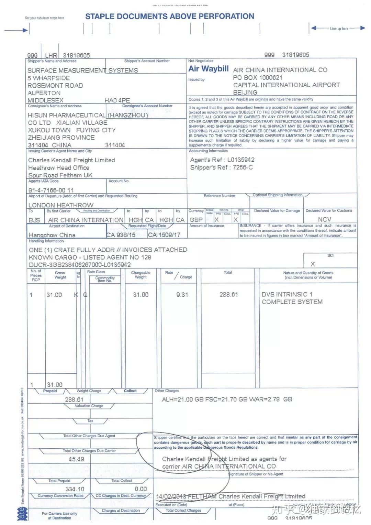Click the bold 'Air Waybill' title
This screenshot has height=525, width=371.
(x=208, y=69)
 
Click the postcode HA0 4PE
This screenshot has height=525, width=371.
(x=117, y=100)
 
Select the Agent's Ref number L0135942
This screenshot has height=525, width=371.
(x=241, y=160)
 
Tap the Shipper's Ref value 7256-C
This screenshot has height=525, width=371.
(x=243, y=167)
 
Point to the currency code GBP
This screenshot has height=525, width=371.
(x=196, y=220)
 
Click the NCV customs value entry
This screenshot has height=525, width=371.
(x=324, y=219)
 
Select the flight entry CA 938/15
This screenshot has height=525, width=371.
(x=121, y=235)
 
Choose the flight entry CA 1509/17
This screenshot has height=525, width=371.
(x=164, y=235)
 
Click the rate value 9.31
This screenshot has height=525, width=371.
(x=182, y=295)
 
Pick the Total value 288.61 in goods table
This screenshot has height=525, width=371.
(x=228, y=295)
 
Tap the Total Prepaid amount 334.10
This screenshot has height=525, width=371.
(x=75, y=489)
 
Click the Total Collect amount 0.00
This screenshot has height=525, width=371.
(x=141, y=489)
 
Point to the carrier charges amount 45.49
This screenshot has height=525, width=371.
(x=76, y=459)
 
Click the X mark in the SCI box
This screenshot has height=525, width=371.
(x=313, y=264)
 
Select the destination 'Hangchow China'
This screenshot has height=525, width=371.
(x=52, y=235)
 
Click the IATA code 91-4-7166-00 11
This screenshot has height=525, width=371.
(x=51, y=190)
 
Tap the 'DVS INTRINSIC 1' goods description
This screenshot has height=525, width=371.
(x=287, y=294)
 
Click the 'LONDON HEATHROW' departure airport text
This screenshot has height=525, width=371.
(x=61, y=205)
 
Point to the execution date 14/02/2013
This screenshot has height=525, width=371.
(x=171, y=496)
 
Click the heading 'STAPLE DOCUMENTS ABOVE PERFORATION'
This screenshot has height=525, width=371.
(x=170, y=17)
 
